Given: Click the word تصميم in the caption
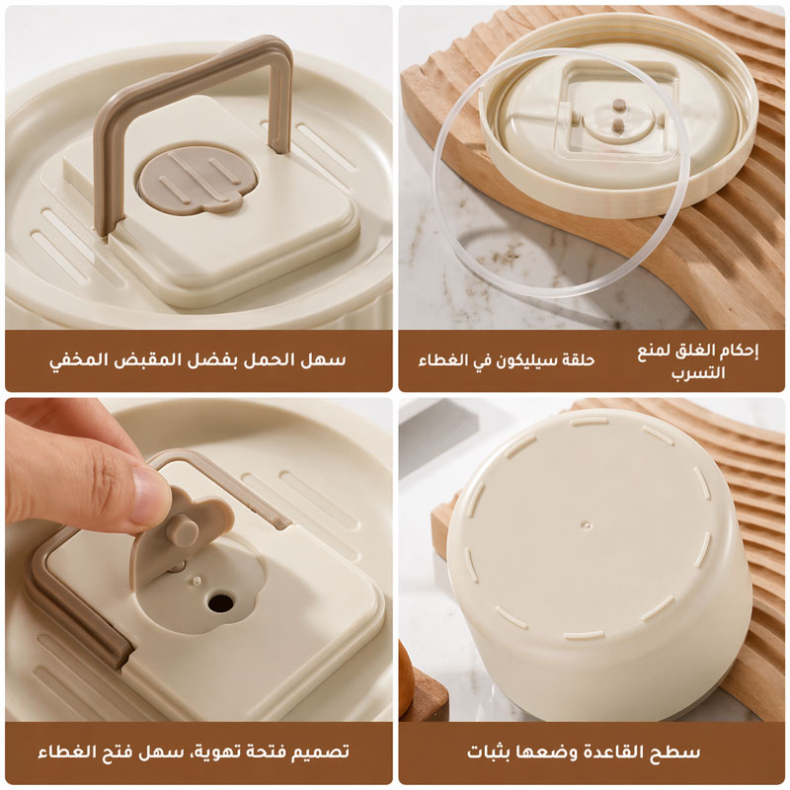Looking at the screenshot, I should [x=316, y=752].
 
